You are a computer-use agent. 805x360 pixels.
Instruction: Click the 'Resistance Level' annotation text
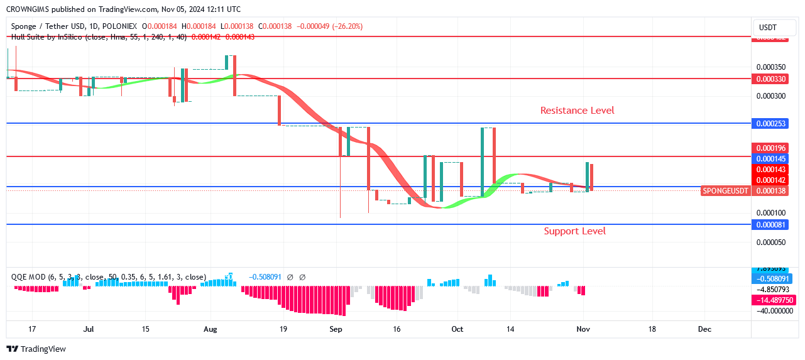pyautogui.click(x=577, y=111)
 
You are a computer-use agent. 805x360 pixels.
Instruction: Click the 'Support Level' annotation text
pyautogui.click(x=574, y=231)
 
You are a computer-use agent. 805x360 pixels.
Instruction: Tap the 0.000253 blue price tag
pyautogui.click(x=770, y=124)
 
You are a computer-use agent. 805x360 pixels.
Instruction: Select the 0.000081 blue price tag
pyautogui.click(x=770, y=224)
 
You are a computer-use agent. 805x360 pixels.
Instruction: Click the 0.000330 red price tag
pyautogui.click(x=770, y=79)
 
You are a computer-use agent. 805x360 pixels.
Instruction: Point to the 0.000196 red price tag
pyautogui.click(x=770, y=148)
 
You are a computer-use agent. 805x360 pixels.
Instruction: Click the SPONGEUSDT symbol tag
pyautogui.click(x=725, y=190)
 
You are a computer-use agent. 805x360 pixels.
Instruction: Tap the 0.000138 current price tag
pyautogui.click(x=770, y=190)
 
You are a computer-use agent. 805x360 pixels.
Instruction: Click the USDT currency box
pyautogui.click(x=768, y=28)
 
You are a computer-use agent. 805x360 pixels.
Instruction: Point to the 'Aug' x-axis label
pyautogui.click(x=211, y=329)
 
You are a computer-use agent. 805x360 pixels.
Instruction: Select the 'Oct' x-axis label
pyautogui.click(x=457, y=329)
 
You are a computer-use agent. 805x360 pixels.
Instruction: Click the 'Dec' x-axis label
pyautogui.click(x=704, y=329)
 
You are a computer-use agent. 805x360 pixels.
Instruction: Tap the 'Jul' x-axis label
pyautogui.click(x=89, y=329)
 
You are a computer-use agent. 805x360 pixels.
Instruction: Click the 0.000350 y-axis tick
pyautogui.click(x=770, y=67)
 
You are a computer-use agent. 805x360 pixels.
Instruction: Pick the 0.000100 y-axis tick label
pyautogui.click(x=770, y=213)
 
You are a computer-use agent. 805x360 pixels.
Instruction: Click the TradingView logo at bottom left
pyautogui.click(x=36, y=349)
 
